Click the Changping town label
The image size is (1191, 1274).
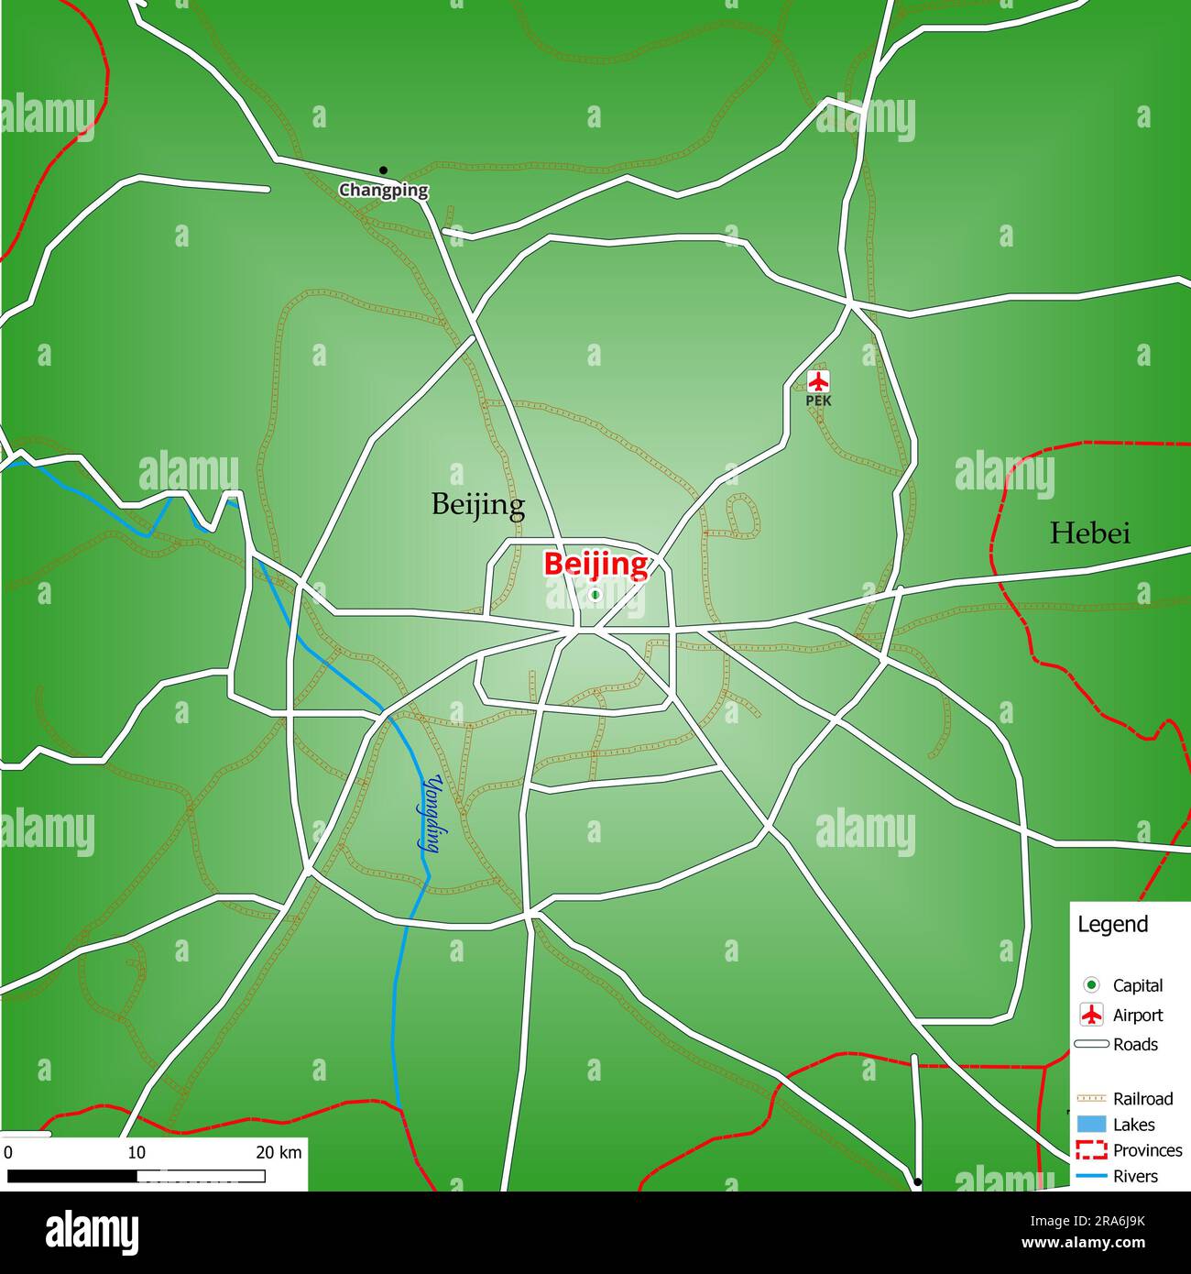tap(384, 191)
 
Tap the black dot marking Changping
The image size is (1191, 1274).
tap(383, 170)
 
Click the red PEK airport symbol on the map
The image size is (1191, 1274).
tap(818, 380)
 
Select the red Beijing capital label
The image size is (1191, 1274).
tap(595, 564)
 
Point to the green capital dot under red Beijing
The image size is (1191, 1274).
tap(595, 595)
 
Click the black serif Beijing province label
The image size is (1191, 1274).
tap(478, 504)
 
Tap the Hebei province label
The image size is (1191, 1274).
tap(1089, 533)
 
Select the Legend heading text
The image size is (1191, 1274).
tap(1112, 924)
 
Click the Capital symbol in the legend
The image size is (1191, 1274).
tap(1091, 985)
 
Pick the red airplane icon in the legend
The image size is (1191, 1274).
tap(1091, 1015)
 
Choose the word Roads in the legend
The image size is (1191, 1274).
tap(1135, 1044)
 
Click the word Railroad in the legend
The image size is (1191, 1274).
tap(1142, 1098)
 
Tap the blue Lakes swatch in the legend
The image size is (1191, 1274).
tap(1091, 1125)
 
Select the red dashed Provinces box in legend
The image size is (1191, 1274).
tap(1091, 1150)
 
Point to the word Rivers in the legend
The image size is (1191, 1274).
tap(1135, 1176)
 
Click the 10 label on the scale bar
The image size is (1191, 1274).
tap(137, 1152)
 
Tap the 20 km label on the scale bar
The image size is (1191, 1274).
tap(279, 1152)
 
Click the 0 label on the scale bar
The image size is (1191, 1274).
tap(7, 1152)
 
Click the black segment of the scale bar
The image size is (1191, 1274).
tap(71, 1176)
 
